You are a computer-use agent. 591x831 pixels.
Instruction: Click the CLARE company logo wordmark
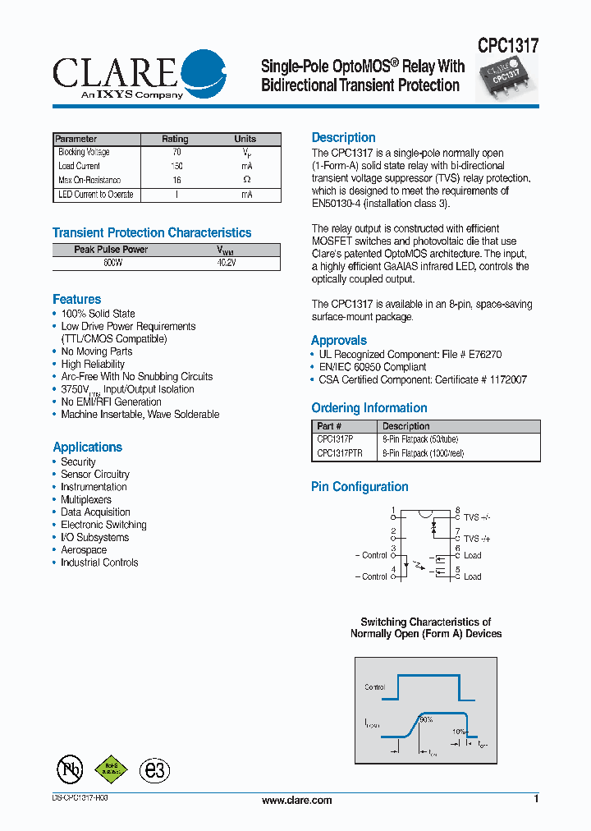(115, 72)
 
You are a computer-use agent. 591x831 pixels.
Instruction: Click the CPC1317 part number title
(507, 46)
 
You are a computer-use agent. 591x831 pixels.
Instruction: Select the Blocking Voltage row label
(84, 153)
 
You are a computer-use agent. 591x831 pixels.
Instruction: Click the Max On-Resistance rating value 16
(176, 180)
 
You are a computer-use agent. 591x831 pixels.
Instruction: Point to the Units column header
(245, 139)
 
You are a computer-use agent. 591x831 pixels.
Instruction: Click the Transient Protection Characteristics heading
(152, 233)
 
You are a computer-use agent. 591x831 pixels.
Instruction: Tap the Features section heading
(77, 300)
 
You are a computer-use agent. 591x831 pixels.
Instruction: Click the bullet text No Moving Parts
(96, 351)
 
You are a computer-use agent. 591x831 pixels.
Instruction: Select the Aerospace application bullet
(84, 550)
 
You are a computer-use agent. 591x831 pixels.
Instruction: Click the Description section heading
(343, 138)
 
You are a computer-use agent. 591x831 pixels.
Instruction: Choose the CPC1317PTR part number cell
(340, 452)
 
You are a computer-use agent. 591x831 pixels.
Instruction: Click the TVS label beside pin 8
(477, 518)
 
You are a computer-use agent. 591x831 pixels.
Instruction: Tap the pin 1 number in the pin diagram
(393, 511)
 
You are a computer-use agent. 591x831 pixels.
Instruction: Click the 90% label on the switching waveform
(425, 719)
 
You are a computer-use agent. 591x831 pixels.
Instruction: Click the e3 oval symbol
(153, 769)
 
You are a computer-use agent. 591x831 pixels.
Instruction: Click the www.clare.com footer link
(296, 800)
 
